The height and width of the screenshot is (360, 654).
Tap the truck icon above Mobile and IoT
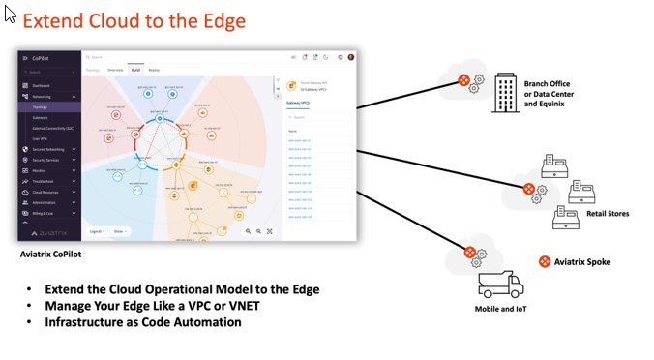[500, 285]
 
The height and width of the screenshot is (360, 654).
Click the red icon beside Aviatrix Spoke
[545, 262]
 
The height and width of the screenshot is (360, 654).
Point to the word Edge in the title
[224, 20]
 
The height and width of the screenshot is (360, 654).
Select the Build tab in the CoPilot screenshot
[135, 70]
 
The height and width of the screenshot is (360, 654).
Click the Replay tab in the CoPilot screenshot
[154, 70]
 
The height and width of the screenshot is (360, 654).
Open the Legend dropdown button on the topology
[97, 231]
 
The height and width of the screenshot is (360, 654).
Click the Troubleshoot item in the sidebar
[44, 181]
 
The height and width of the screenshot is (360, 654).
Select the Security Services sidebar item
[45, 160]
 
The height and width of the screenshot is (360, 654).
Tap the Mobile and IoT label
[500, 309]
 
